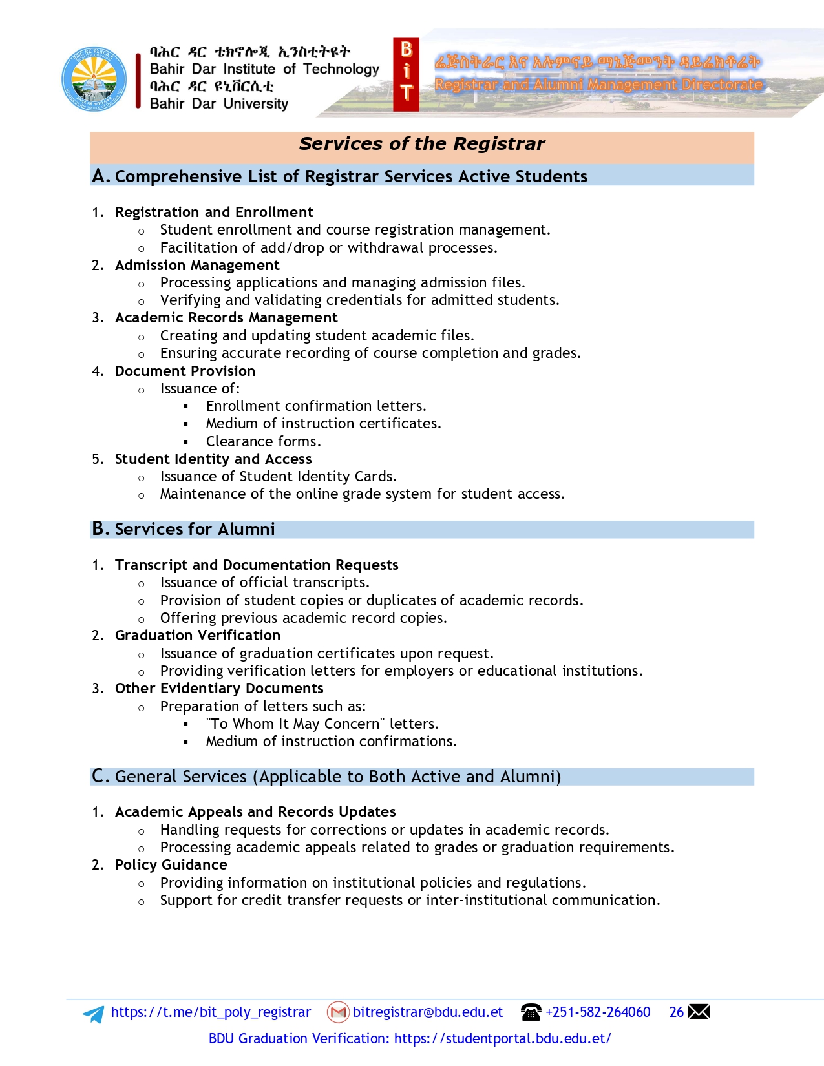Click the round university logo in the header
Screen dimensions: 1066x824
pyautogui.click(x=94, y=79)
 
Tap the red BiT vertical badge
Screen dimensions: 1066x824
pyautogui.click(x=406, y=75)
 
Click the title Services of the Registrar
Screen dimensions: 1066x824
pyautogui.click(x=421, y=144)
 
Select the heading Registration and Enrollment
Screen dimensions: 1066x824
pyautogui.click(x=214, y=213)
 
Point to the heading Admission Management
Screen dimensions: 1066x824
pyautogui.click(x=197, y=266)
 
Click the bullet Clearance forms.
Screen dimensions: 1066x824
pyautogui.click(x=263, y=442)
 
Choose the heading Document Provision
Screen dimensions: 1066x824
pyautogui.click(x=185, y=371)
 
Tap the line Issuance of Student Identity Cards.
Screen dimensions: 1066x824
pyautogui.click(x=278, y=477)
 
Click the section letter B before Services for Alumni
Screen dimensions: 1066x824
pyautogui.click(x=100, y=529)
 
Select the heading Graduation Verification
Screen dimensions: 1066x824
pyautogui.click(x=197, y=636)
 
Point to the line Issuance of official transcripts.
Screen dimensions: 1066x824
pyautogui.click(x=264, y=583)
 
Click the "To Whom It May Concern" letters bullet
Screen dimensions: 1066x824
pyautogui.click(x=322, y=724)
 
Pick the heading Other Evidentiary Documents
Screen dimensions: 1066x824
pyautogui.click(x=219, y=689)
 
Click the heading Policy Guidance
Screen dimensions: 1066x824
pyautogui.click(x=171, y=865)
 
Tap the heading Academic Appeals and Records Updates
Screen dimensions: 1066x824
pyautogui.click(x=255, y=812)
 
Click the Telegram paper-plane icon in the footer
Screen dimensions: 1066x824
pyautogui.click(x=94, y=1014)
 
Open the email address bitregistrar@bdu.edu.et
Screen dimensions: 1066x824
pyautogui.click(x=427, y=1012)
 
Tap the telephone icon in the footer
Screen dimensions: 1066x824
pyautogui.click(x=531, y=1012)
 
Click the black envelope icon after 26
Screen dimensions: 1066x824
pyautogui.click(x=699, y=1012)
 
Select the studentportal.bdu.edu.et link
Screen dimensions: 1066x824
pyautogui.click(x=502, y=1039)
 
